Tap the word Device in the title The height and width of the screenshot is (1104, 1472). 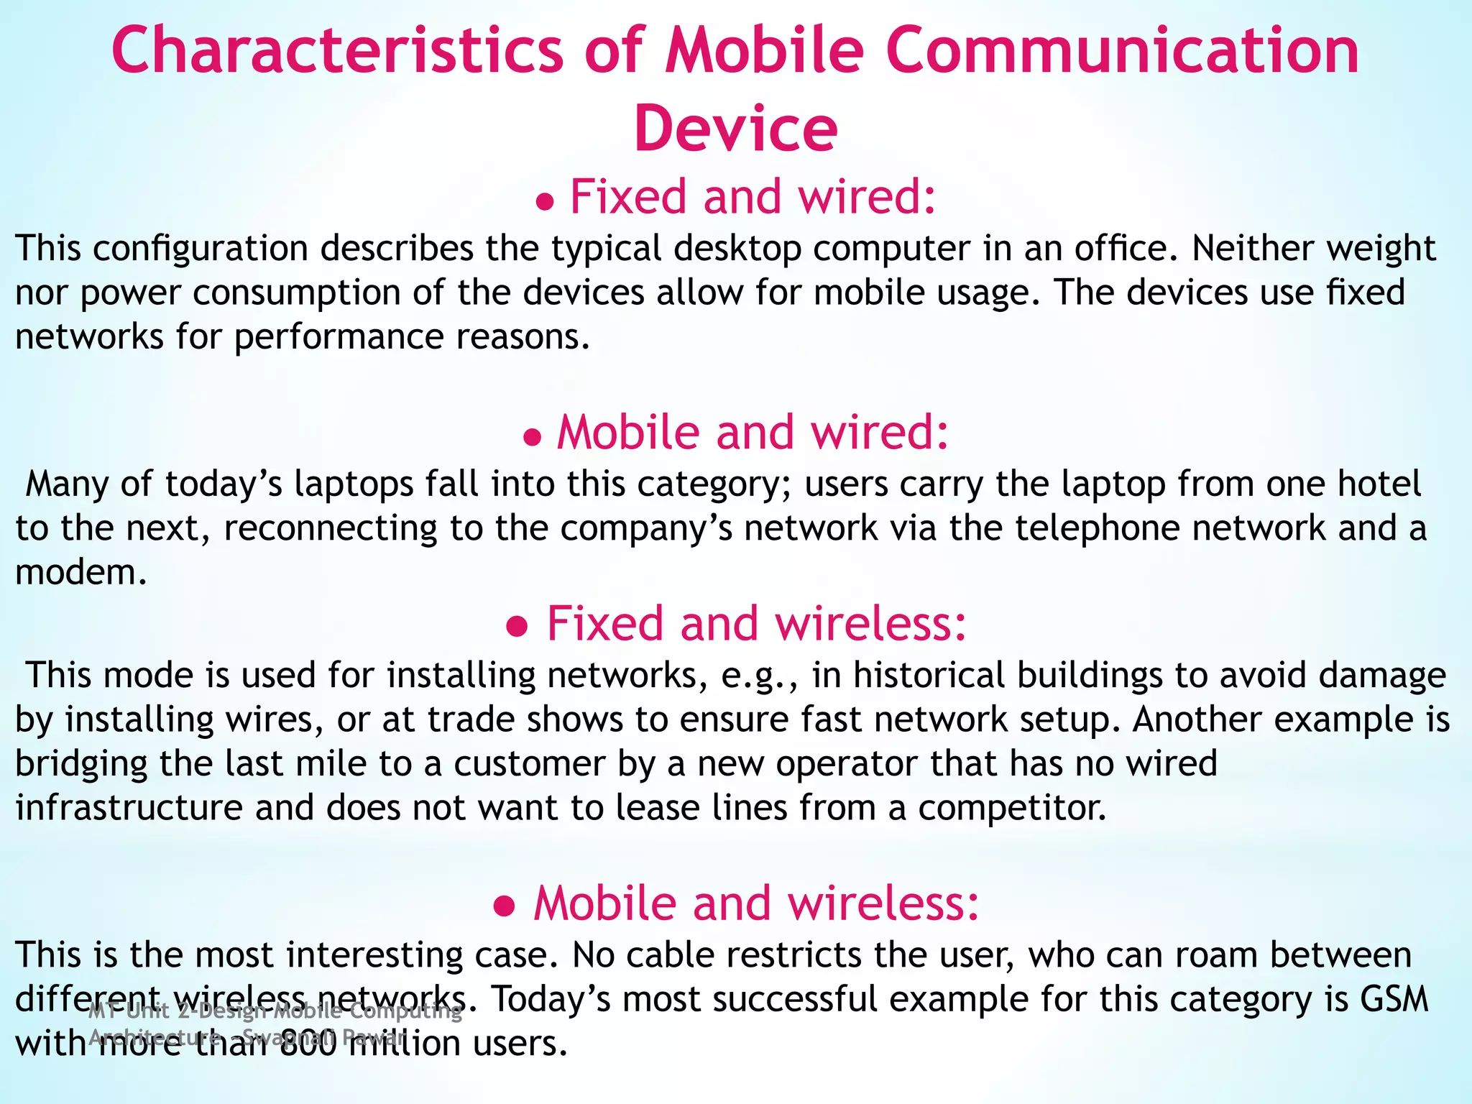tap(735, 129)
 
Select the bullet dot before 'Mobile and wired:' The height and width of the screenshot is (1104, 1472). tap(533, 438)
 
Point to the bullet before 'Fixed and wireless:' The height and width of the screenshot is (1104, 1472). tap(517, 627)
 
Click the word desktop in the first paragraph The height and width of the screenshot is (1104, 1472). tap(737, 248)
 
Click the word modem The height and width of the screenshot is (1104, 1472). tap(80, 573)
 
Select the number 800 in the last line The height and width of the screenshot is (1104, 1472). tap(308, 1044)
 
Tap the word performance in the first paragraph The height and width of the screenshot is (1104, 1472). tap(338, 338)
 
